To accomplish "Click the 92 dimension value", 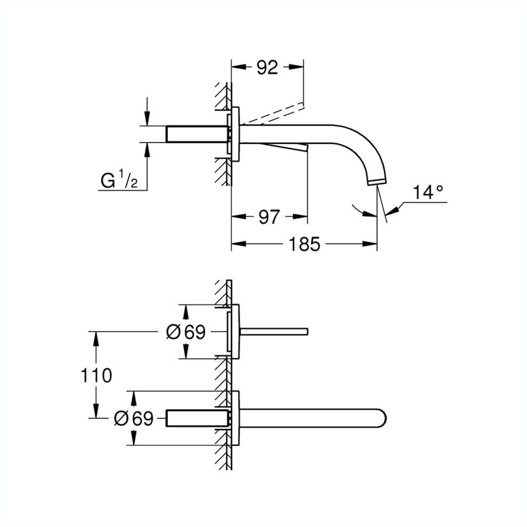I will tap(267, 68).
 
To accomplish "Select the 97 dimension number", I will tap(269, 217).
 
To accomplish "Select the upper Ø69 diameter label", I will tap(185, 332).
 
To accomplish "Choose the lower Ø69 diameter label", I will tap(134, 418).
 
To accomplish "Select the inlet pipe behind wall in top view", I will tap(197, 134).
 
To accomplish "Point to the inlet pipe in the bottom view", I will tap(197, 418).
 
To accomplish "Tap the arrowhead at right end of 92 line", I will tap(298, 68).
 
